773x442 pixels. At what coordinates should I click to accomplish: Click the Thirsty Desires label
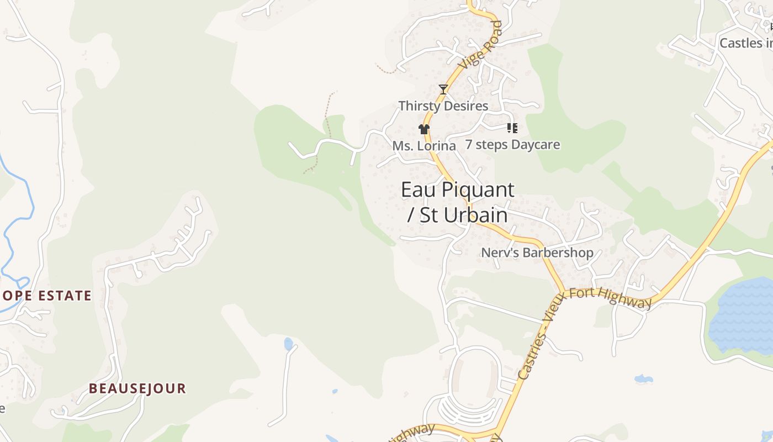(x=443, y=106)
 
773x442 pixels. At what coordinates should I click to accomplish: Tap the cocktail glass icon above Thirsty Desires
(x=443, y=89)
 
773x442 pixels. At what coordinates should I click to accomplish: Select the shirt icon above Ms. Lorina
(x=423, y=129)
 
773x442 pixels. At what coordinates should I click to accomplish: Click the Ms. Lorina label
(x=424, y=146)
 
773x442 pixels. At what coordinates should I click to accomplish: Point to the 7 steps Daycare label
(x=512, y=145)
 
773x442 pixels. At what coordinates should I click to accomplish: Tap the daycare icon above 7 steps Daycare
(x=512, y=128)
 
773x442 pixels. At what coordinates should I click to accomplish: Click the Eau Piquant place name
(x=457, y=190)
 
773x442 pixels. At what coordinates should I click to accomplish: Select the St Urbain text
(x=463, y=215)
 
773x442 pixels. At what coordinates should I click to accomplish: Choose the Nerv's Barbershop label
(x=537, y=253)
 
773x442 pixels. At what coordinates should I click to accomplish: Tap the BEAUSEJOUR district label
(x=137, y=388)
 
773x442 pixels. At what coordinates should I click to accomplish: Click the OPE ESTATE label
(x=46, y=296)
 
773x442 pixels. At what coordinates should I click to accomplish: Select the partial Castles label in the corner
(x=745, y=43)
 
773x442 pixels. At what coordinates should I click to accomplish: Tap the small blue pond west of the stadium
(x=288, y=344)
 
